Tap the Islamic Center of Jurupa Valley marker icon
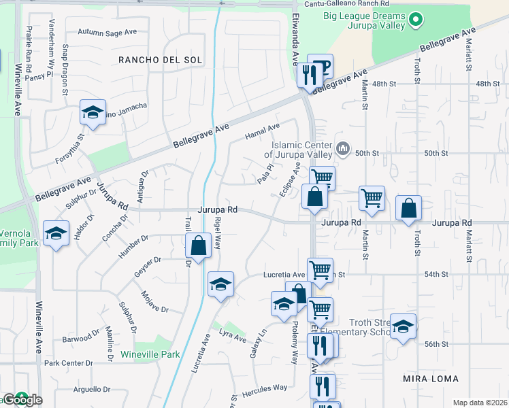[344, 148]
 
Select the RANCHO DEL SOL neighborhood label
[161, 60]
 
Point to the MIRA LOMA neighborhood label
[431, 378]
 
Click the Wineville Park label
[150, 354]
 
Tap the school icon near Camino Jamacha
[93, 113]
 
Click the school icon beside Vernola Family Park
[56, 235]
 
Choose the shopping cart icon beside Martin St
[372, 199]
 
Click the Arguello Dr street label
[91, 390]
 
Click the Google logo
[22, 400]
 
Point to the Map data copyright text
[480, 403]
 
